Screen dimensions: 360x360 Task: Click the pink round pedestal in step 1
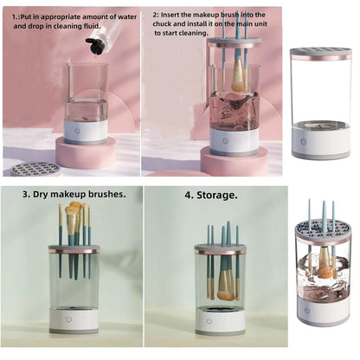(86, 153)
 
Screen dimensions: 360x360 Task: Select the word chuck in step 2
(165, 26)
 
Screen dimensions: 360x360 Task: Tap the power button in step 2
(227, 139)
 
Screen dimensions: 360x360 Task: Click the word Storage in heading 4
(218, 195)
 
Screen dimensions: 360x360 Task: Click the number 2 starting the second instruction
(157, 16)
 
